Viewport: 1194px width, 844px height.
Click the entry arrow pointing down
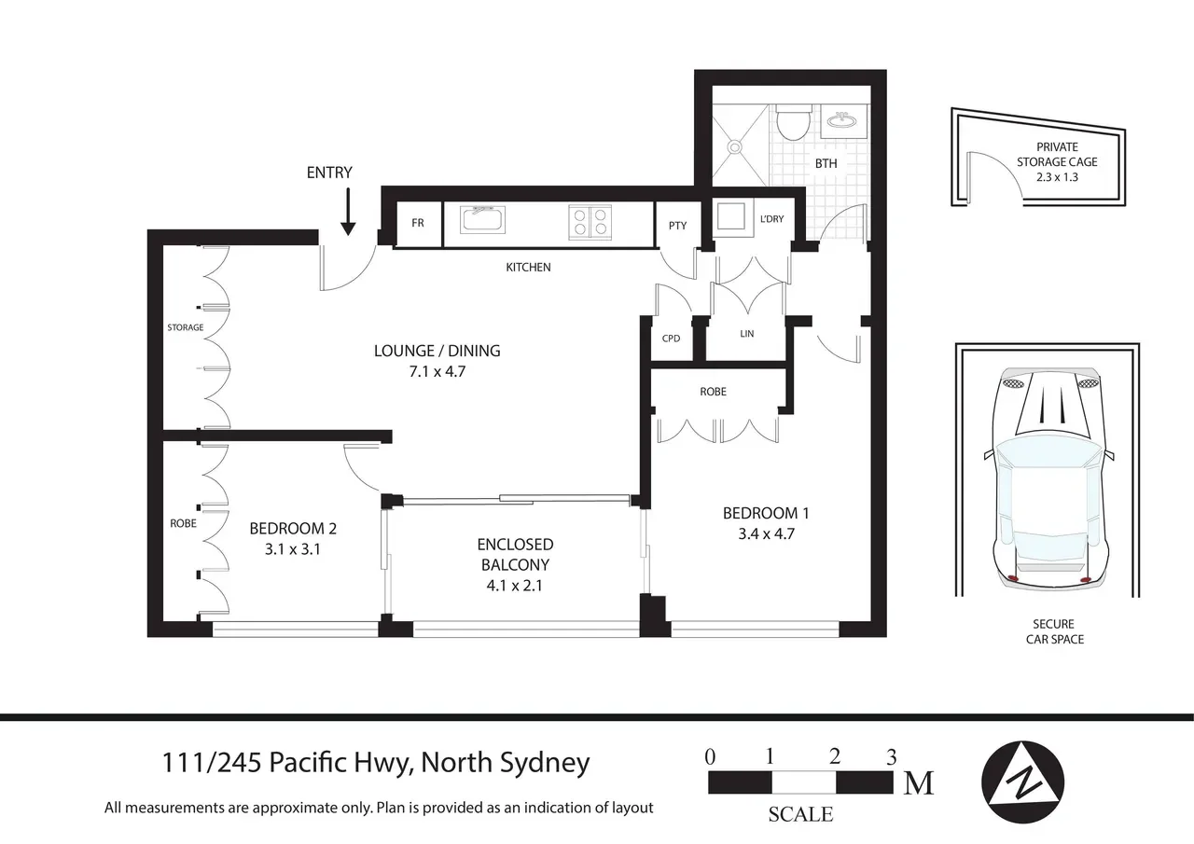347,212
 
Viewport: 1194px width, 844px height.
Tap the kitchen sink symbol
481,220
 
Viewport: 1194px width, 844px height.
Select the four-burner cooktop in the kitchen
589,221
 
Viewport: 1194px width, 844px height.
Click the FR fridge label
418,223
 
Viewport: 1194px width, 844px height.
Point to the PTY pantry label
677,225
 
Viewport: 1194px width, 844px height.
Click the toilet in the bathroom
795,123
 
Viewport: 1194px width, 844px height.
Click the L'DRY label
771,219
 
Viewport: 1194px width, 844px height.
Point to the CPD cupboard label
671,339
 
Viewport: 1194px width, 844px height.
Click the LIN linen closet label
745,333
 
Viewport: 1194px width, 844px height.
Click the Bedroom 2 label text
292,528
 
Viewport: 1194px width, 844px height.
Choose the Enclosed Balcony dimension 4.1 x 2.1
515,586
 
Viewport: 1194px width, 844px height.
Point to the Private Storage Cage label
1057,154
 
